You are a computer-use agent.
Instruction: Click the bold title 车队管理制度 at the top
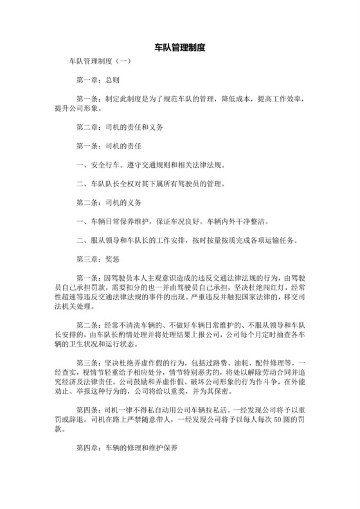click(180, 48)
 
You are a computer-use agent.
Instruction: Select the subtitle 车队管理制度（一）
click(100, 62)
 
